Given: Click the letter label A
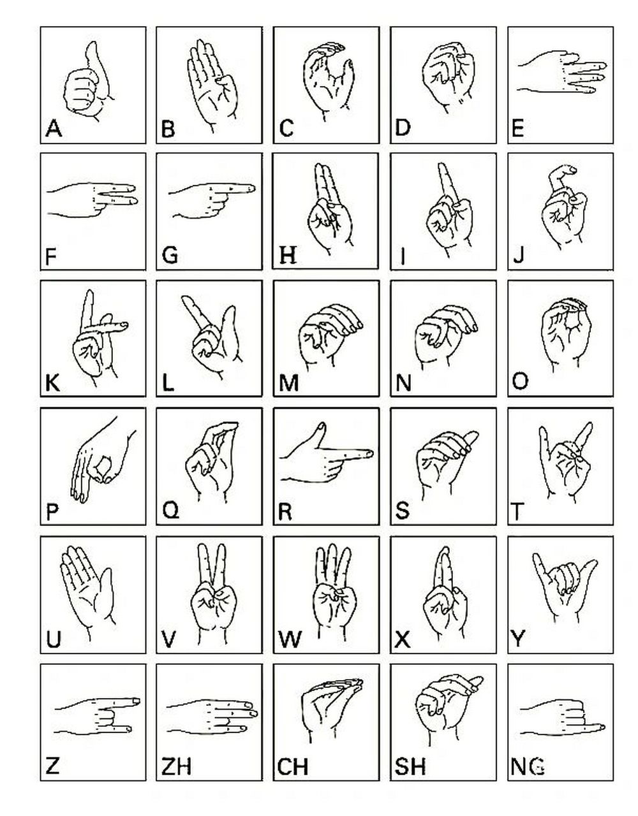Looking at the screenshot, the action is [54, 129].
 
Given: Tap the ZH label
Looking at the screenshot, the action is [176, 766].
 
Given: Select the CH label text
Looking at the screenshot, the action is [293, 766].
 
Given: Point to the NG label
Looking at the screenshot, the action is [528, 766].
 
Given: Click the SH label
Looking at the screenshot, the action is [410, 766].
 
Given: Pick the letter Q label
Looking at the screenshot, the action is [170, 511].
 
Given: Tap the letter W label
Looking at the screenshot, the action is [290, 639].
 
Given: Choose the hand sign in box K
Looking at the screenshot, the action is [98, 338].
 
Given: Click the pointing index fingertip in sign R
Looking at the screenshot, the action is [370, 454].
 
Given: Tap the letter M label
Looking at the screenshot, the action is [288, 383].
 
